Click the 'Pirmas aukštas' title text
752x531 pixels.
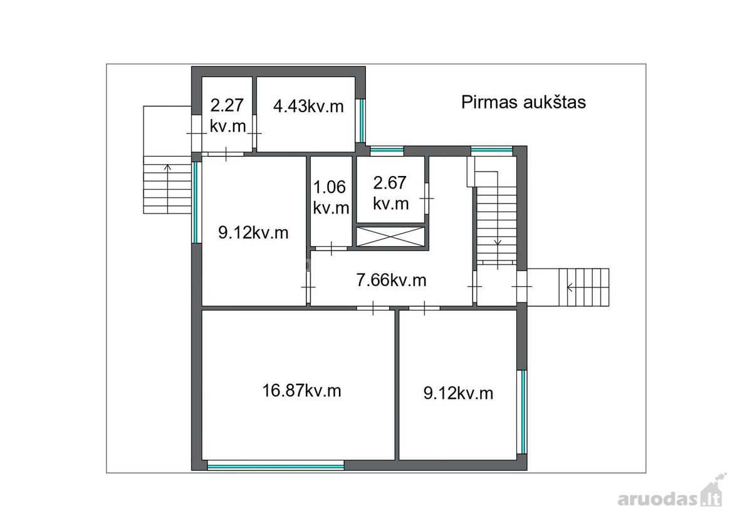(x=523, y=102)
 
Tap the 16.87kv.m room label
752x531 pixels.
(x=301, y=391)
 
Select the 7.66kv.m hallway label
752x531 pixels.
(x=391, y=280)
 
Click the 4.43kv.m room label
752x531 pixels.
(x=308, y=106)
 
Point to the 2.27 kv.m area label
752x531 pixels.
(x=227, y=116)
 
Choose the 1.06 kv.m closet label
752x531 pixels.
(x=331, y=197)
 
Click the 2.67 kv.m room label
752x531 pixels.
(x=390, y=193)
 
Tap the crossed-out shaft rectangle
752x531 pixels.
(x=390, y=237)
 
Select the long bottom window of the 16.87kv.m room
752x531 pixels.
(x=276, y=466)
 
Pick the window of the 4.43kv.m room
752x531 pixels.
(x=361, y=120)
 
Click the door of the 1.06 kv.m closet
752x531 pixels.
(x=332, y=249)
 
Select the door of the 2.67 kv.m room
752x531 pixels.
(x=427, y=198)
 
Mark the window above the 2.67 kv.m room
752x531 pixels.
(x=387, y=150)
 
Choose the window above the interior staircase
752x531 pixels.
(x=492, y=150)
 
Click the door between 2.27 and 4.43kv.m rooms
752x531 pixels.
(x=254, y=133)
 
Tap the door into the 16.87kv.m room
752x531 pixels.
(x=373, y=308)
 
